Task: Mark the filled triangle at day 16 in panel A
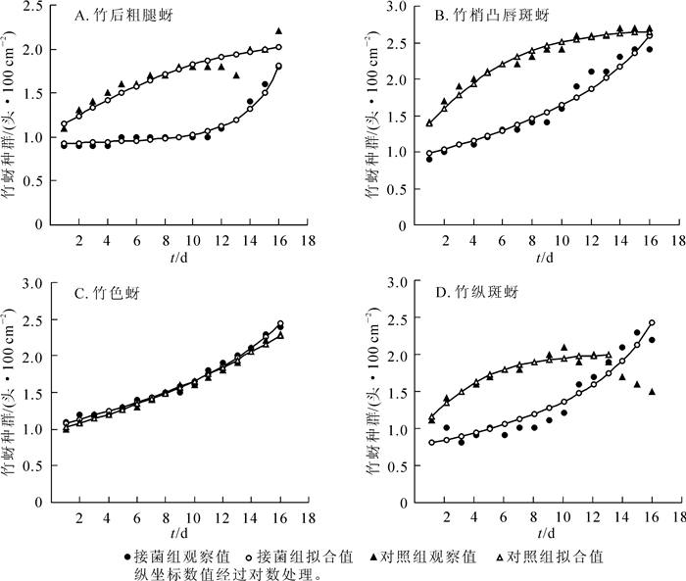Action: (x=278, y=31)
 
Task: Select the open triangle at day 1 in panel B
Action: (x=429, y=123)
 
